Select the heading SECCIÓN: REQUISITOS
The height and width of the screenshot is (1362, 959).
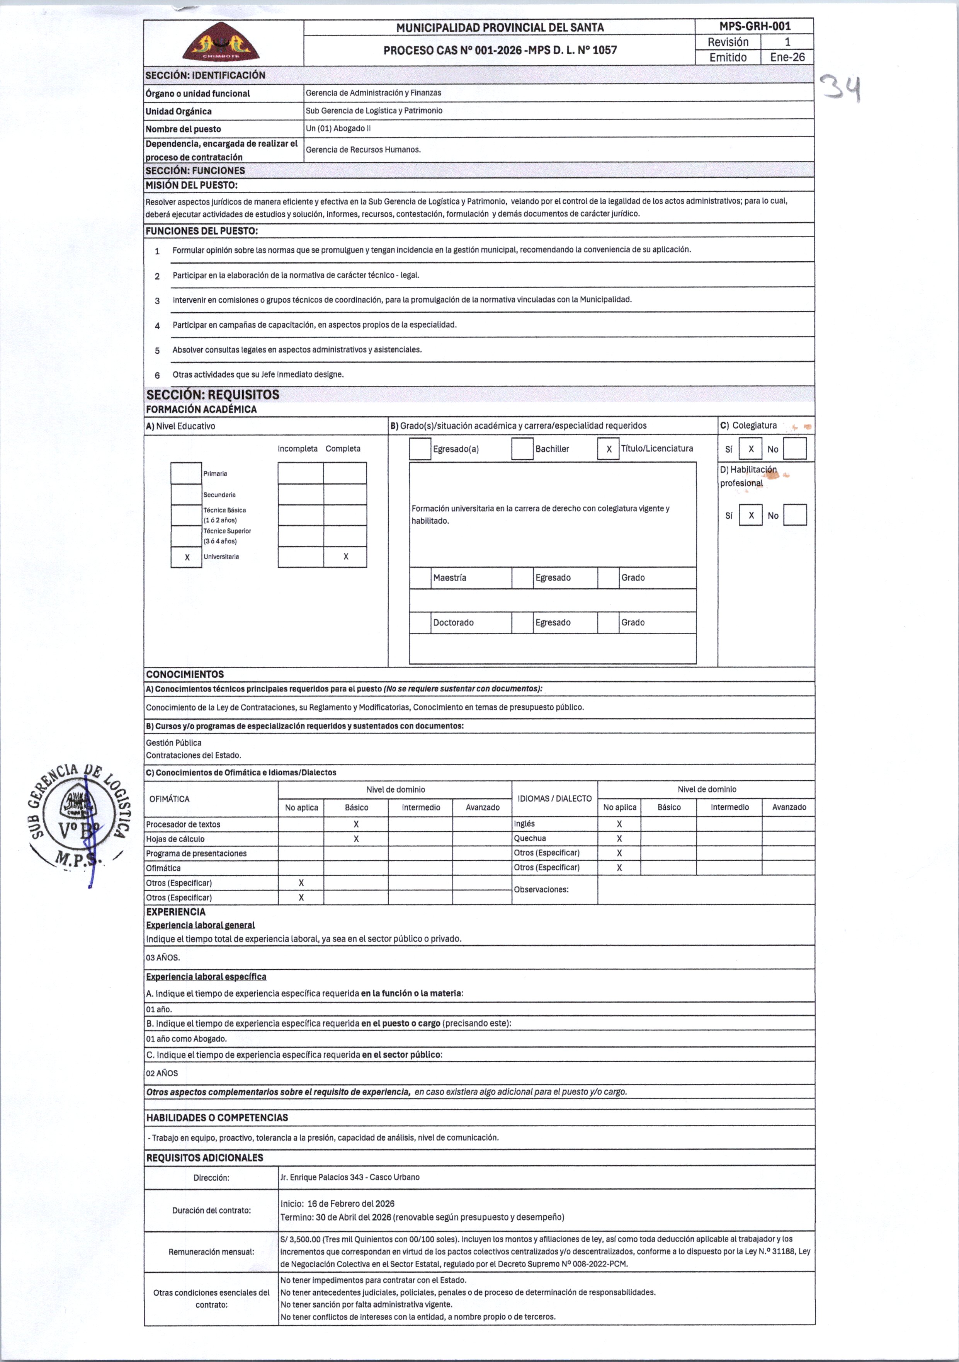click(213, 395)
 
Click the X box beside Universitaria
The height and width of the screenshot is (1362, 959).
click(187, 557)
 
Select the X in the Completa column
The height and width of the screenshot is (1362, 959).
click(346, 557)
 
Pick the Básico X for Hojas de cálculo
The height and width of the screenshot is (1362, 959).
click(356, 839)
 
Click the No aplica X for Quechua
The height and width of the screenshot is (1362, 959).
click(619, 838)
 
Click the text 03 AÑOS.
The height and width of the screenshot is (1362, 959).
click(163, 957)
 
